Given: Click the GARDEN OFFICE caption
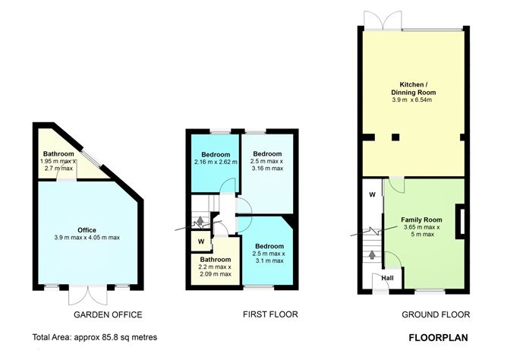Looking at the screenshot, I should [107, 314].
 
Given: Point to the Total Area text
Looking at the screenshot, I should [95, 336].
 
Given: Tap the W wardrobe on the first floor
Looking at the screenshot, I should [200, 242].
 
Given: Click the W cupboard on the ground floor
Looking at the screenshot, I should [372, 194].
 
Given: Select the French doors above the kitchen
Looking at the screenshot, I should [376, 20].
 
